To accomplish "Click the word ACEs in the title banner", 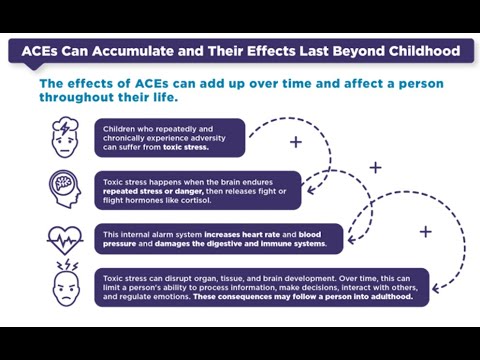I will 42,51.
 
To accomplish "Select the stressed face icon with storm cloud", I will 65,138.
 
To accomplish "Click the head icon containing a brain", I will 65,188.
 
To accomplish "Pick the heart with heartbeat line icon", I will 65,239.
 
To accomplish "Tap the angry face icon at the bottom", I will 65,288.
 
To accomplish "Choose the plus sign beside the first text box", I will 295,142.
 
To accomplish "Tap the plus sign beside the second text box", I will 375,167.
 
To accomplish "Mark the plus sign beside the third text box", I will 425,232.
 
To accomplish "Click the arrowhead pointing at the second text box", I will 311,189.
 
